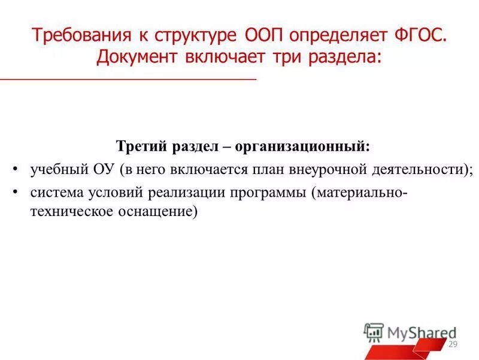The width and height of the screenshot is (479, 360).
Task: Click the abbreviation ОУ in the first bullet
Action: tap(105, 169)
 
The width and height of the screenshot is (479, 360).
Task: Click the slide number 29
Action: tap(453, 344)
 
